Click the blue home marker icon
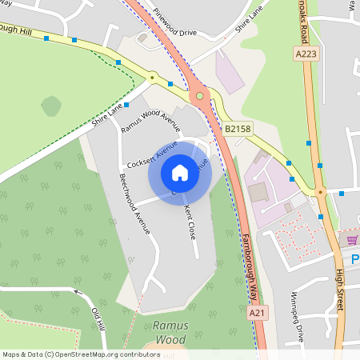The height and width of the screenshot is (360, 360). (x=180, y=173)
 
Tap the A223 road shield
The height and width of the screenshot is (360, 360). (x=306, y=54)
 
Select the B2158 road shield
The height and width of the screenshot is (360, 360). (x=238, y=128)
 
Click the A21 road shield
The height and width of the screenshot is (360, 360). (x=256, y=314)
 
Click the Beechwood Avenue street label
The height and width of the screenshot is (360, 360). (x=134, y=203)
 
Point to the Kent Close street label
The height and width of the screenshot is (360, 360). (x=190, y=221)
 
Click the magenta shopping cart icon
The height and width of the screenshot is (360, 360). (x=352, y=239)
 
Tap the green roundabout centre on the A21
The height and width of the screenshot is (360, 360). (x=199, y=97)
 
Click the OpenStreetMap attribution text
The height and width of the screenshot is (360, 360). (x=81, y=354)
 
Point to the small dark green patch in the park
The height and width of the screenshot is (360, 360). (x=51, y=106)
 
